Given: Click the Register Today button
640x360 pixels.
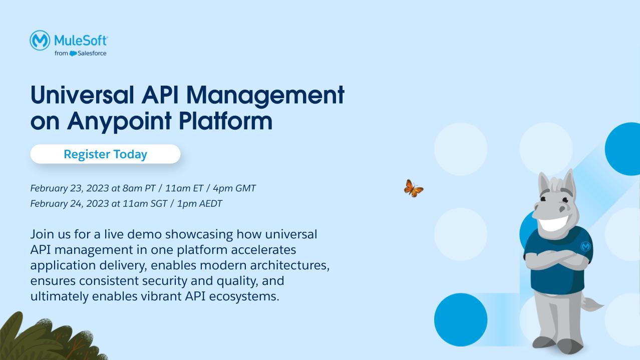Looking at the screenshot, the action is point(105,154).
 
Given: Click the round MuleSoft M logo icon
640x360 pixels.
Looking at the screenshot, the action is point(40,40).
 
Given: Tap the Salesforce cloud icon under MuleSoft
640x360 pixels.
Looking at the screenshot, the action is point(73,54).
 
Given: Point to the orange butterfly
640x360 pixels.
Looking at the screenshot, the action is point(414,188).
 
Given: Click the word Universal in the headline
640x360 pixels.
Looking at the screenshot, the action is point(82,95).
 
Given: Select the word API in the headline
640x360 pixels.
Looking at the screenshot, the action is point(160,95).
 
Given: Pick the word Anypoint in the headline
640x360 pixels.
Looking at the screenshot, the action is point(119,122).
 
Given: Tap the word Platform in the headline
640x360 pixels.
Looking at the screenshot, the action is point(226,121).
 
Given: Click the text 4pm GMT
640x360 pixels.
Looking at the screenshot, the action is point(234,188).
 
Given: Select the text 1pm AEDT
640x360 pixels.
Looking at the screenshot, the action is point(199,204).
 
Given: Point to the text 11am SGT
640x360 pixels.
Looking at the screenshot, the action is point(145,204).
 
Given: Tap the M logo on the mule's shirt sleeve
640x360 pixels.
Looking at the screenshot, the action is point(585,246).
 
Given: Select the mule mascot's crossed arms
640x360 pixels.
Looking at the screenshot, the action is point(556,259).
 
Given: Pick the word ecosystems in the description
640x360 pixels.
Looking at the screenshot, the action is point(244,296).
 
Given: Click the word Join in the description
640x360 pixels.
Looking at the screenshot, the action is point(42,234).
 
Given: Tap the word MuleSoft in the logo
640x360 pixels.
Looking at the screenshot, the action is point(81,41).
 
